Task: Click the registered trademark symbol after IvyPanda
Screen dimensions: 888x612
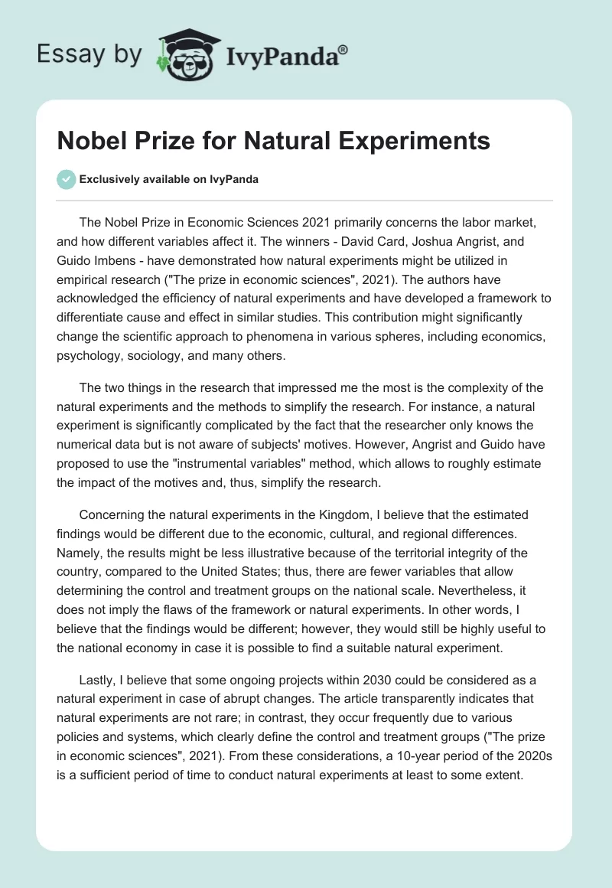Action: (x=343, y=49)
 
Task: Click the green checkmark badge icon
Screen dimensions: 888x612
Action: (x=66, y=179)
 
